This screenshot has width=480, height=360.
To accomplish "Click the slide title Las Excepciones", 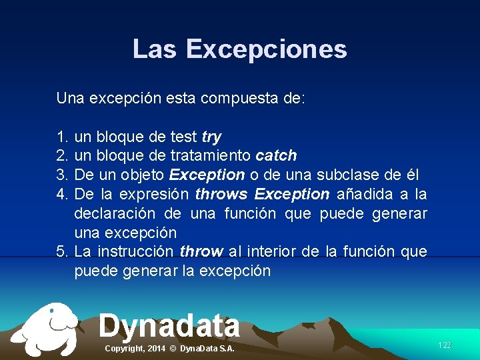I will pyautogui.click(x=239, y=49).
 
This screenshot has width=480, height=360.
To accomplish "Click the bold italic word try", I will pyautogui.click(x=211, y=137).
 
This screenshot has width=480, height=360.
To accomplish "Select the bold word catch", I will pyautogui.click(x=276, y=156).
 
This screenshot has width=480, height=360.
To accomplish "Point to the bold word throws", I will pyautogui.click(x=221, y=195).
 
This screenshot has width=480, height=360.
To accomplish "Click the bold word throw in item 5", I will pyautogui.click(x=201, y=252).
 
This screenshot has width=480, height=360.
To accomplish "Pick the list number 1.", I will pyautogui.click(x=63, y=137).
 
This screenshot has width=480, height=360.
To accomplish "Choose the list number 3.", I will pyautogui.click(x=63, y=175).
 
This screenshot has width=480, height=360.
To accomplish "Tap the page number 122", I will pyautogui.click(x=444, y=345).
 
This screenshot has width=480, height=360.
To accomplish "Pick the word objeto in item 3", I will pyautogui.click(x=144, y=175).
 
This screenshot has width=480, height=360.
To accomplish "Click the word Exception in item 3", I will pyautogui.click(x=207, y=175).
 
